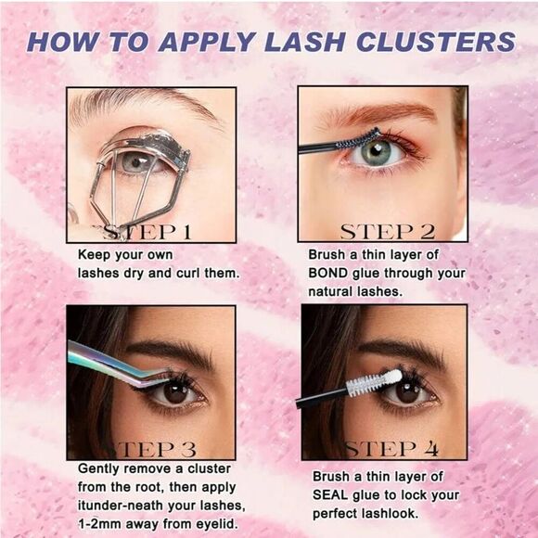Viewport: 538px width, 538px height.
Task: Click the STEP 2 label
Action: pyautogui.click(x=387, y=232)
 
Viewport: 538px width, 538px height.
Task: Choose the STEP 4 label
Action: pyautogui.click(x=392, y=450)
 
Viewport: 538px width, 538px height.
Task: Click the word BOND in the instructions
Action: pyautogui.click(x=329, y=273)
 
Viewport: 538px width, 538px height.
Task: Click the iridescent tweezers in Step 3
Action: pyautogui.click(x=111, y=363)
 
